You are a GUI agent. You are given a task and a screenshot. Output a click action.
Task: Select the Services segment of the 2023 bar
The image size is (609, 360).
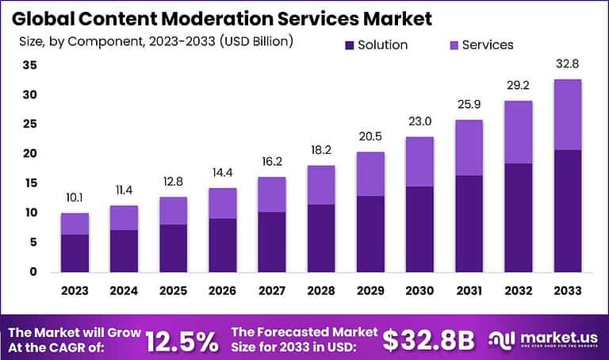[75, 224]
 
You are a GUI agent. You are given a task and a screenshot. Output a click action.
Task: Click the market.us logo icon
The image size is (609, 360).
[504, 339]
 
